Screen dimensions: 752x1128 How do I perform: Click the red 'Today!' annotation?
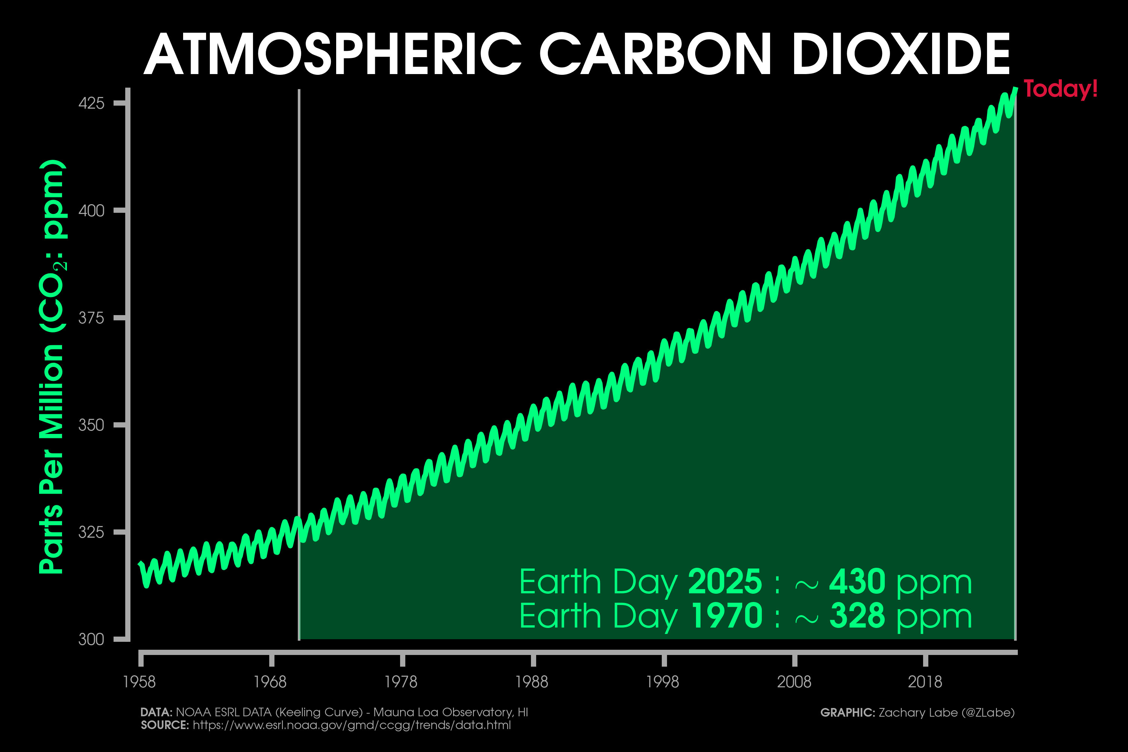click(1060, 89)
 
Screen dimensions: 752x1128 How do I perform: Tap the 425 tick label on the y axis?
click(91, 103)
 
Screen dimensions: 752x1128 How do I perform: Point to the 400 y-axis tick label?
click(91, 211)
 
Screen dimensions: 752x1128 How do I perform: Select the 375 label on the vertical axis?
click(91, 318)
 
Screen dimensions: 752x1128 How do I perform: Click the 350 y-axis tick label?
click(91, 425)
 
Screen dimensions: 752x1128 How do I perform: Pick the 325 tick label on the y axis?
click(91, 532)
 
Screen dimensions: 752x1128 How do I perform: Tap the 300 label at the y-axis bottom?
click(91, 639)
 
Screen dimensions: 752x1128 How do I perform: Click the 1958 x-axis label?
click(139, 681)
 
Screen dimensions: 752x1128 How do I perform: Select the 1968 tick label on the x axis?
click(270, 681)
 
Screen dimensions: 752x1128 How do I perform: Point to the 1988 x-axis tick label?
click(531, 681)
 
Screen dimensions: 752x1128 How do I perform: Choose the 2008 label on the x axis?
click(794, 681)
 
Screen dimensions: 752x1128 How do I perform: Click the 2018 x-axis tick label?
click(925, 681)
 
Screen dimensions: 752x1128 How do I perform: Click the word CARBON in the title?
click(655, 54)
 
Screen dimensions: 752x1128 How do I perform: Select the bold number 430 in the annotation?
click(857, 581)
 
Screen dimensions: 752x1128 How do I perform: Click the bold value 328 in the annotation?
click(857, 616)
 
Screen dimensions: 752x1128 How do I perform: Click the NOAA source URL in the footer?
click(352, 725)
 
